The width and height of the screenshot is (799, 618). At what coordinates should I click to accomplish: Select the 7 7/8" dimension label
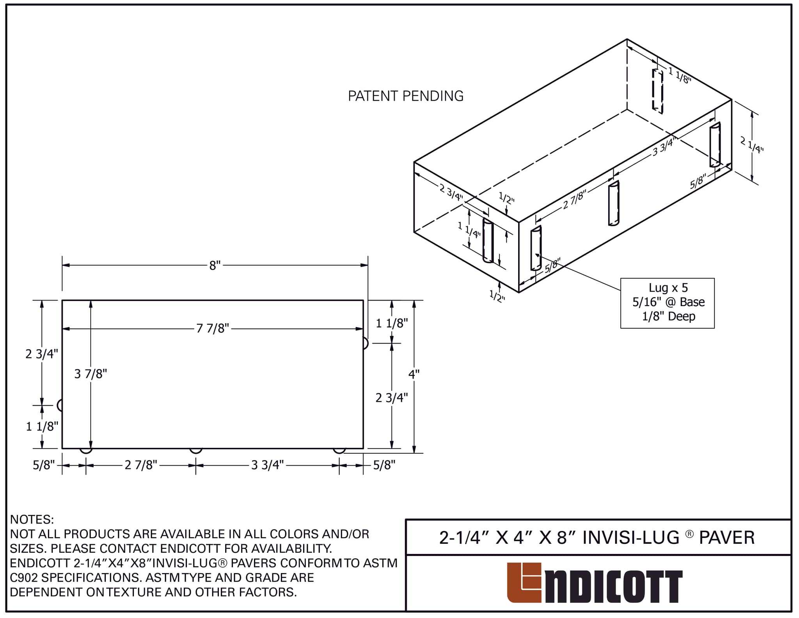213,329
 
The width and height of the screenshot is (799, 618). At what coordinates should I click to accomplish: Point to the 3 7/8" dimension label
91,374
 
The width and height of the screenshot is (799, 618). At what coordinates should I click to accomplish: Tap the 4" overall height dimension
414,374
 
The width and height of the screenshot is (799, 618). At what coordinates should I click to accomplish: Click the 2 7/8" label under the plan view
141,465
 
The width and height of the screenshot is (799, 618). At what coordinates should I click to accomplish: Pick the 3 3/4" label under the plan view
268,465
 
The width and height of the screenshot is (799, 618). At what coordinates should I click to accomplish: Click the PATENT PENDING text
406,96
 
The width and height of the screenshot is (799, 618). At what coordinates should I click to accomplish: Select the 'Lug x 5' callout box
668,303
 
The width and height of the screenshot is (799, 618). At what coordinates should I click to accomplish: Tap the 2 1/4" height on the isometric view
752,145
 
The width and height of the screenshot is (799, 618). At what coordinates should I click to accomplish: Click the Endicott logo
595,582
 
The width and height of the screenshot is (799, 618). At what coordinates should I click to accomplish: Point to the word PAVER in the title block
727,538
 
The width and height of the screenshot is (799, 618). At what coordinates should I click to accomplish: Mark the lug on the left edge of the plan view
60,405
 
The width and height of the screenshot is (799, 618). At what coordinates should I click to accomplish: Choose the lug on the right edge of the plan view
366,343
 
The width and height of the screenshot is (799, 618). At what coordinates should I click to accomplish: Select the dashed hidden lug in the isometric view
658,91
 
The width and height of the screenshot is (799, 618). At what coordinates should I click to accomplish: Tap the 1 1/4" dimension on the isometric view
469,230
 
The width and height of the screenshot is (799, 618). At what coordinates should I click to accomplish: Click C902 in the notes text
24,577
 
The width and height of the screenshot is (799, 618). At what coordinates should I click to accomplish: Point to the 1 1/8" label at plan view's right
392,323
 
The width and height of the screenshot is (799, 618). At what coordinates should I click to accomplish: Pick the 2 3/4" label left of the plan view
42,354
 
